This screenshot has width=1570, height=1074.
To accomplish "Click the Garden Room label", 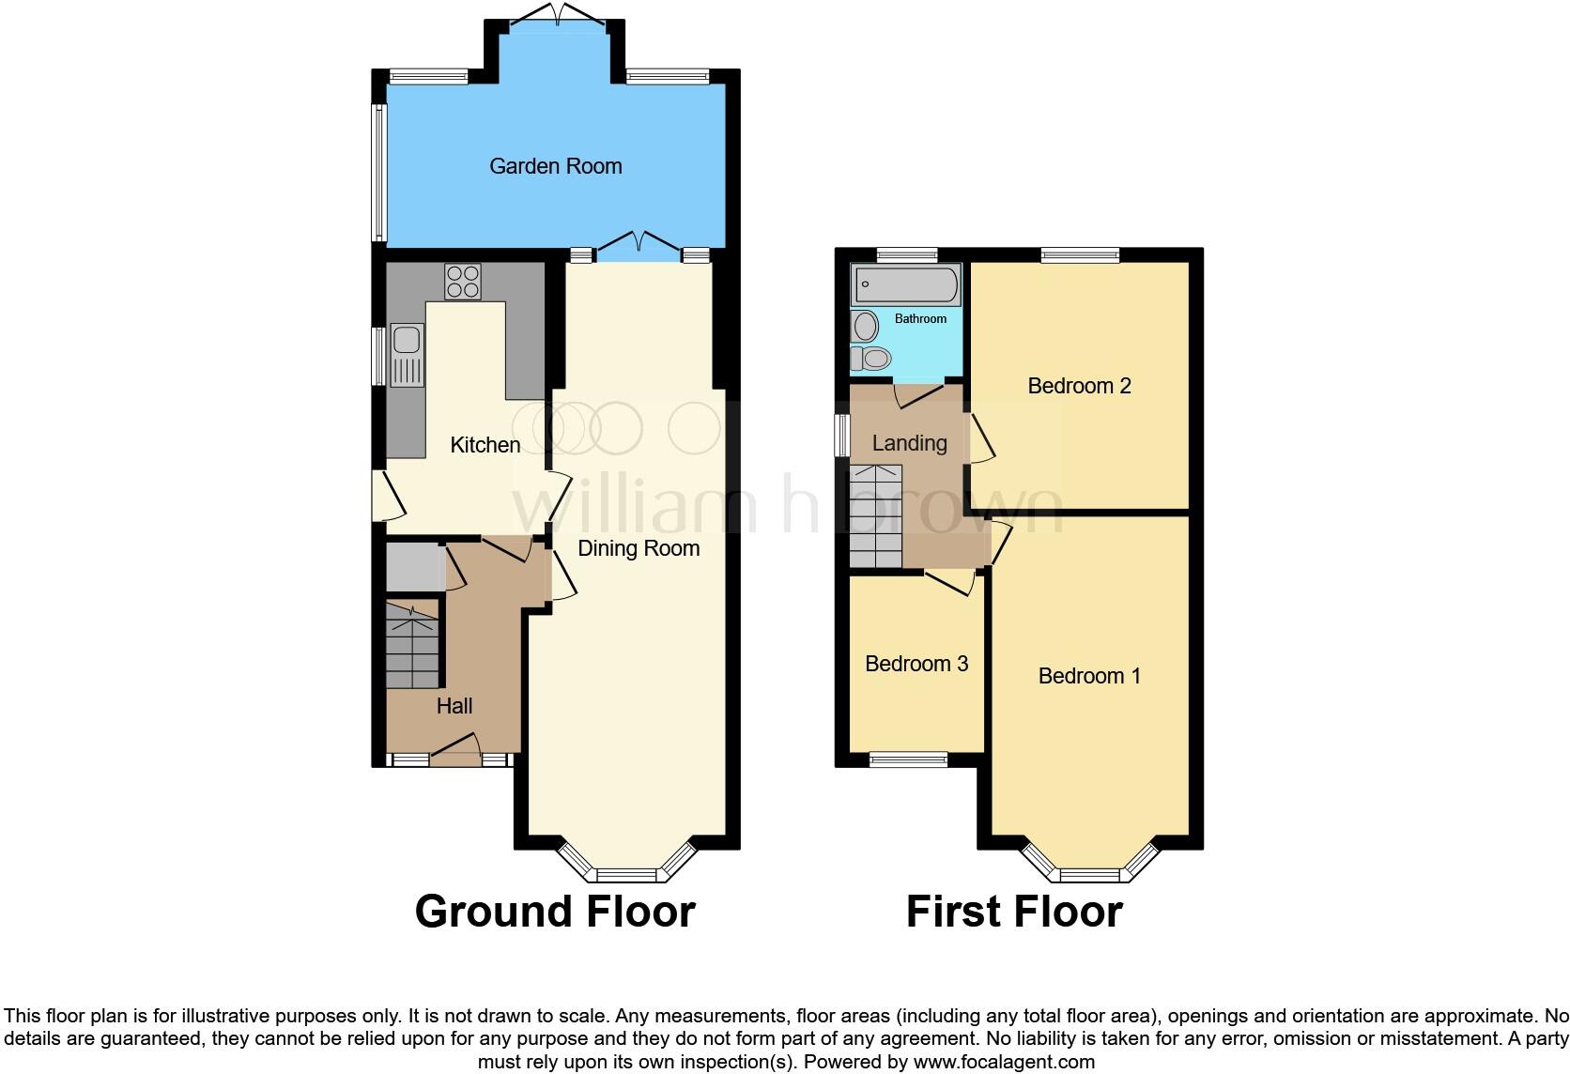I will [x=555, y=166].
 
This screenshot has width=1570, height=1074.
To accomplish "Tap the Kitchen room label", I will [x=485, y=445].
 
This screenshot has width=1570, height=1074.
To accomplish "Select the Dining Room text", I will [x=639, y=548].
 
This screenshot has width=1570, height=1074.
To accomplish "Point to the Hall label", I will [x=454, y=706].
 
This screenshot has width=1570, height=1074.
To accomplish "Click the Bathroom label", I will [x=920, y=319].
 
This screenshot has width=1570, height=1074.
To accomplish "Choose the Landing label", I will [x=909, y=443].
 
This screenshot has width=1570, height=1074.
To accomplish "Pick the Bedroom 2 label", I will [x=1079, y=386].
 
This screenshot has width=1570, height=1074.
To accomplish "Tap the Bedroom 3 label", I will [x=916, y=664].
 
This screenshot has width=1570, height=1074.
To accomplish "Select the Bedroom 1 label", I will [x=1089, y=676].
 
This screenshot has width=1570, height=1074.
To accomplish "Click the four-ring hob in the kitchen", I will [x=462, y=282].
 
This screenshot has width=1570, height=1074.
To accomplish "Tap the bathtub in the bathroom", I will [x=905, y=284].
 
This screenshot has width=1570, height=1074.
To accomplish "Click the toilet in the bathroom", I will [x=871, y=359].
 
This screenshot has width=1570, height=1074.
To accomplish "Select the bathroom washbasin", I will [x=865, y=327].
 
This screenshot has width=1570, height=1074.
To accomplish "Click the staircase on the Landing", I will [x=875, y=516].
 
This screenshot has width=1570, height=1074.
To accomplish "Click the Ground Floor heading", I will [x=555, y=912].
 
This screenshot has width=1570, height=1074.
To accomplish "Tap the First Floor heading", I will [x=1014, y=912].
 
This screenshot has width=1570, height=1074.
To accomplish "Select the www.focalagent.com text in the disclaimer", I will [x=1004, y=1062].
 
